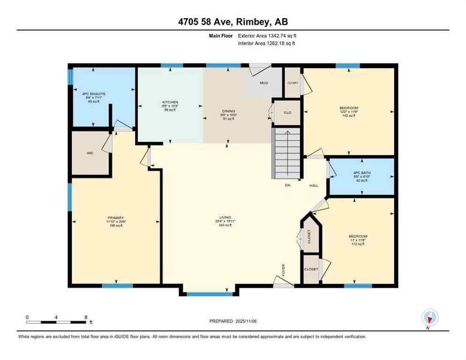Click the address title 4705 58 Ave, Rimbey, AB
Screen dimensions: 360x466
pyautogui.click(x=233, y=22)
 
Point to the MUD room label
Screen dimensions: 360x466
pyautogui.click(x=264, y=83)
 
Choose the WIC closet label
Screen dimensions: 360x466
pyautogui.click(x=90, y=153)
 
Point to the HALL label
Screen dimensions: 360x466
pyautogui.click(x=314, y=186)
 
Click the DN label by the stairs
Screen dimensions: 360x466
pyautogui.click(x=288, y=186)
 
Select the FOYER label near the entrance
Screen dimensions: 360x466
pyautogui.click(x=284, y=270)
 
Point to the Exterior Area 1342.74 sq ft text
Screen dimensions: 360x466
pyautogui.click(x=267, y=36)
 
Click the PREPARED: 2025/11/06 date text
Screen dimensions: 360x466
pyautogui.click(x=233, y=321)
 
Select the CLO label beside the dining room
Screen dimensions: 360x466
pyautogui.click(x=287, y=112)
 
